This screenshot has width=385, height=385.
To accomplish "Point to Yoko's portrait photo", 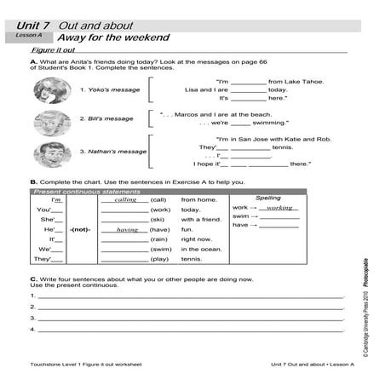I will click(x=53, y=89).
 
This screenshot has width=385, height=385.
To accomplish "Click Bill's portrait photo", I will click(x=53, y=120).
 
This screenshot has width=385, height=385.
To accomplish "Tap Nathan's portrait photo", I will click(x=53, y=152).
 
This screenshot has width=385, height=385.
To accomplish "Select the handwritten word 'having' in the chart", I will click(x=127, y=230).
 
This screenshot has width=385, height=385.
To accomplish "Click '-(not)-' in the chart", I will click(x=81, y=230).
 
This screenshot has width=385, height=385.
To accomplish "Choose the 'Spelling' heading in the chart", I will click(x=267, y=198).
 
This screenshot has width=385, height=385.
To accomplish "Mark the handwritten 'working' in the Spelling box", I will click(x=279, y=207).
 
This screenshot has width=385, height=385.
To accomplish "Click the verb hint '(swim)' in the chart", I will click(x=160, y=249).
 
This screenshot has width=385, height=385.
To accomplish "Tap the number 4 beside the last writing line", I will click(x=32, y=328).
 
